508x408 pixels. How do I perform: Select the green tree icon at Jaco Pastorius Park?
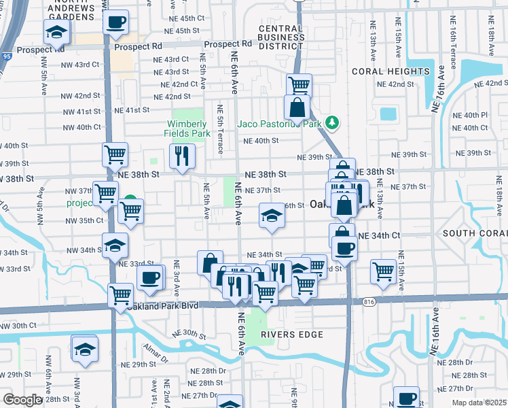(x=332, y=122)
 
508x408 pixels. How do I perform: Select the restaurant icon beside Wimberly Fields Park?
(x=181, y=156)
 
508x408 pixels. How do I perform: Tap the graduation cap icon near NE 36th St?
(x=272, y=216)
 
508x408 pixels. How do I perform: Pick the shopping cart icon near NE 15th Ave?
(x=384, y=271)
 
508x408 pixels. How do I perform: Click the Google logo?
(x=22, y=400)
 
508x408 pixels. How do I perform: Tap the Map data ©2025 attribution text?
(x=479, y=403)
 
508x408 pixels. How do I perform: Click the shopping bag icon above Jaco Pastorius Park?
(x=297, y=107)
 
